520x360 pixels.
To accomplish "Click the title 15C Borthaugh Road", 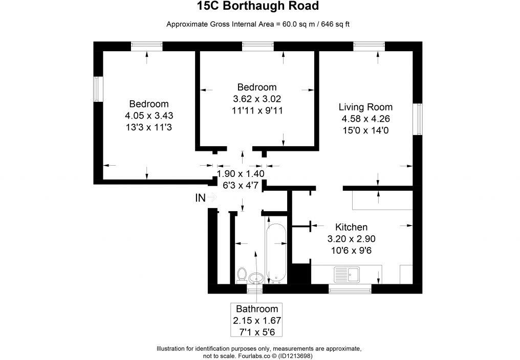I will coord(258,7).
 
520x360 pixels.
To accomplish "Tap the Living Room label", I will coord(365,107).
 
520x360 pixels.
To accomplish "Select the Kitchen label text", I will coord(351,227).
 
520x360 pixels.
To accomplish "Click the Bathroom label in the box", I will coord(257,309).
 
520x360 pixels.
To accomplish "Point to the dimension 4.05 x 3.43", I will coord(148,116).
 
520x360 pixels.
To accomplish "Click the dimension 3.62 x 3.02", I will coord(257,99).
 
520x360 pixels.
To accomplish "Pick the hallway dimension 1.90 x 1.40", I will coord(241,174).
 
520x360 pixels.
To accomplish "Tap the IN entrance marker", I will coord(201,197).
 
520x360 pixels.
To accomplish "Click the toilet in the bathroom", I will coord(242,275).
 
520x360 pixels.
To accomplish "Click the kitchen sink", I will coord(346,275).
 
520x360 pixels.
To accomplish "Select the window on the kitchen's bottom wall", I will coord(350,289).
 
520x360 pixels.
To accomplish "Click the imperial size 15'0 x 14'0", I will coord(365,130).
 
